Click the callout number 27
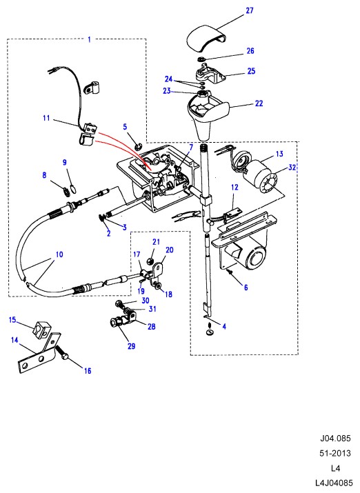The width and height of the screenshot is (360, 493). tap(250, 10)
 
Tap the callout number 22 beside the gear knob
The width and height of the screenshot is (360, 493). tap(259, 103)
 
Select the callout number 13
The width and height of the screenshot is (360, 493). tap(279, 154)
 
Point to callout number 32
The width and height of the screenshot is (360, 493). tap(292, 168)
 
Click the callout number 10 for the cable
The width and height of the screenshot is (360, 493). tap(59, 254)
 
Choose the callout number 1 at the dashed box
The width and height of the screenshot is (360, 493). tap(89, 39)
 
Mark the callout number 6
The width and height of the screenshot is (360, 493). tap(246, 287)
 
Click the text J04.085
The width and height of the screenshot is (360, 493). tap(335, 438)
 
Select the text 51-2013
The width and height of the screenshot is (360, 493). tap(335, 453)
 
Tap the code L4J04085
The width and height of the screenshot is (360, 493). tap(334, 483)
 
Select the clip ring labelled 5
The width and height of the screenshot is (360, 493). tap(139, 145)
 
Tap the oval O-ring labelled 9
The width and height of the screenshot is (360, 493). tap(72, 189)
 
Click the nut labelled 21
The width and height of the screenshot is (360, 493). tap(150, 261)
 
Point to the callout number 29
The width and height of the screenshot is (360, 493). tap(132, 346)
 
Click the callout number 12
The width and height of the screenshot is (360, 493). tap(234, 188)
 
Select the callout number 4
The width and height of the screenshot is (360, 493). tap(224, 326)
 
